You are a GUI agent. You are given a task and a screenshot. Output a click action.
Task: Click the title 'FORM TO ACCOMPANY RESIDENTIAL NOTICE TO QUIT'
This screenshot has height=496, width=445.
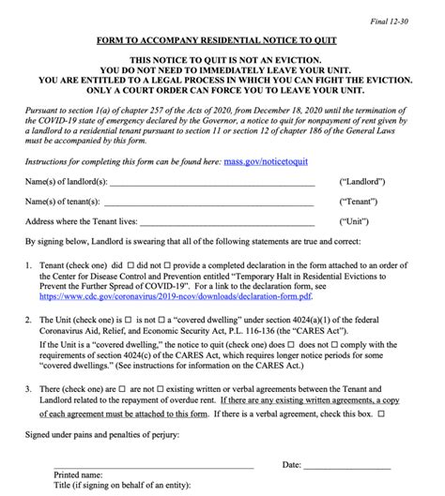click(222, 42)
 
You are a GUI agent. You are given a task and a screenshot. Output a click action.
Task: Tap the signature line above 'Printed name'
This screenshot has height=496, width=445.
click(153, 466)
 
